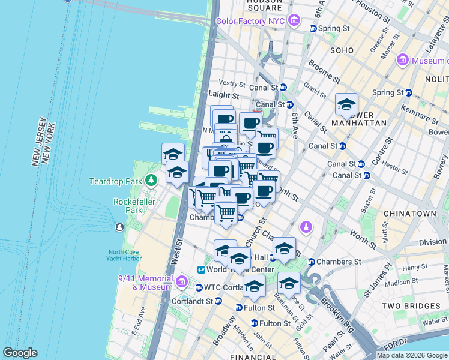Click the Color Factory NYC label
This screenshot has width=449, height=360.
tap(250, 21)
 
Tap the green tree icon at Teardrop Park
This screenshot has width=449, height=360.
tap(152, 179)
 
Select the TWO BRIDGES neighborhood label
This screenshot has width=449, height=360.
tap(410, 306)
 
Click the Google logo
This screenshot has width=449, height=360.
tap(20, 353)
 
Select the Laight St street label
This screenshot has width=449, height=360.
tap(223, 95)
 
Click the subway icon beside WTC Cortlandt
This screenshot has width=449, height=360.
tap(199, 287)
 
